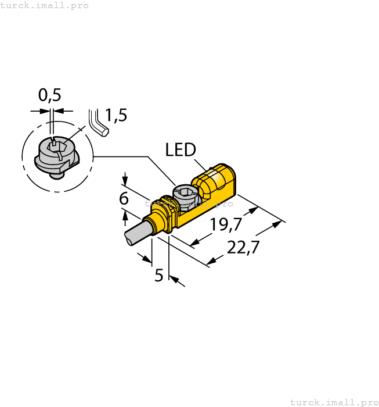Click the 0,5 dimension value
click(49, 95)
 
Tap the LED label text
click(181, 150)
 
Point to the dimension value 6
click(124, 199)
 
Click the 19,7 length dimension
click(226, 224)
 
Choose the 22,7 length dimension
click(243, 247)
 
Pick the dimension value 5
click(159, 275)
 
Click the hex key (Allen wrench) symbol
click(98, 123)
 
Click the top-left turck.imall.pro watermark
click(45, 5)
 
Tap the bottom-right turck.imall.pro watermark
click(333, 402)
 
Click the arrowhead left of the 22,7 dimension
click(212, 263)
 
